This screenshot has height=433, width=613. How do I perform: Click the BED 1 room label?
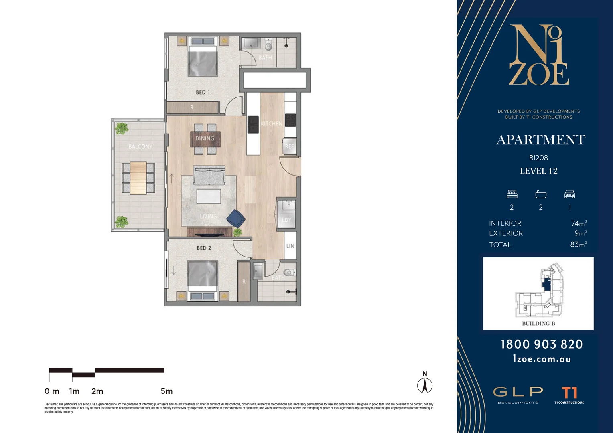(203, 92)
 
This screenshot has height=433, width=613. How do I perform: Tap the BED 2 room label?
(204, 248)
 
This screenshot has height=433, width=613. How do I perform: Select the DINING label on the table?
(205, 138)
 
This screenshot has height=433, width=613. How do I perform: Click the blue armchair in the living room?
(236, 219)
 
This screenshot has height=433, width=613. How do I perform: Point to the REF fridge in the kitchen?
(289, 146)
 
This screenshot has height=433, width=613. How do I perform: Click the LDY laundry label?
(286, 220)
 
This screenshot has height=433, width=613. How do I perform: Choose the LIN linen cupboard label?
(290, 246)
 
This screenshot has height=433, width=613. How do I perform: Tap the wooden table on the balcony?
(138, 178)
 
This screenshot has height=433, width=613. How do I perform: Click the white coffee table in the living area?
(209, 196)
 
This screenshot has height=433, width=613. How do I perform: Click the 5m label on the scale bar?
(166, 391)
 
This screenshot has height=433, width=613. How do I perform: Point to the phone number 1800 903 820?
(542, 344)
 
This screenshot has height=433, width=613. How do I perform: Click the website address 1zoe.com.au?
(542, 359)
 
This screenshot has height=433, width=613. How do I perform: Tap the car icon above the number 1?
(570, 194)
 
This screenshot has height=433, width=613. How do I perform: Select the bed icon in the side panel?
(512, 194)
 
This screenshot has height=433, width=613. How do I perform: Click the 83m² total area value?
(578, 244)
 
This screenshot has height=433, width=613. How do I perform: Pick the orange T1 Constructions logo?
(569, 393)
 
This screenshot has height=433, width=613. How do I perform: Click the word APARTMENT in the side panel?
(541, 140)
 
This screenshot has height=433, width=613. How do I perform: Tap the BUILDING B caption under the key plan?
(538, 323)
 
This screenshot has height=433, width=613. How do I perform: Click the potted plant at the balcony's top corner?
(121, 128)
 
